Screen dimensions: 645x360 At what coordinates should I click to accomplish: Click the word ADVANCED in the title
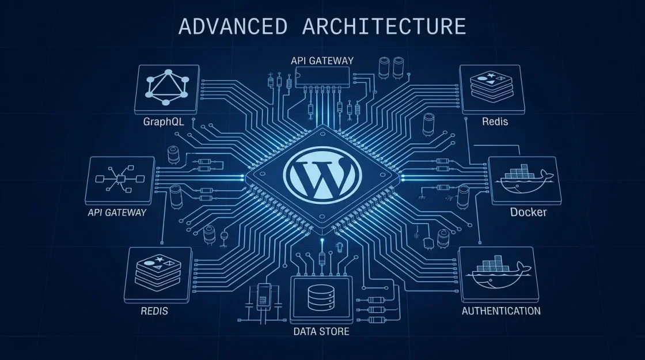[x=233, y=26]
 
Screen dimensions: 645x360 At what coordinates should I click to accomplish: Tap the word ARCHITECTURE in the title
[x=384, y=26]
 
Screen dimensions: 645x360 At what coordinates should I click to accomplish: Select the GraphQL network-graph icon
[x=167, y=88]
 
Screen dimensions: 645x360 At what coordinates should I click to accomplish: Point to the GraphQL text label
[x=164, y=122]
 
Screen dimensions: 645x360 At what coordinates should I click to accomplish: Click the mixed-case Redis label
[x=495, y=122]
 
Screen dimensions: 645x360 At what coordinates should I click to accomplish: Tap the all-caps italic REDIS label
[x=154, y=311]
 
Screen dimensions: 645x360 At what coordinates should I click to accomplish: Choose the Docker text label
[x=528, y=213]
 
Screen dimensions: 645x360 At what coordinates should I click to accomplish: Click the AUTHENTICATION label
[x=501, y=311]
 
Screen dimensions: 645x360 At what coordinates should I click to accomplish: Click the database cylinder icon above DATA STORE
[x=321, y=298]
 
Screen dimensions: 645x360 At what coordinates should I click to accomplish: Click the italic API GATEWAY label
[x=117, y=213]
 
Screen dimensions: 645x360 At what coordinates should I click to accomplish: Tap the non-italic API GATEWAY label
[x=322, y=61]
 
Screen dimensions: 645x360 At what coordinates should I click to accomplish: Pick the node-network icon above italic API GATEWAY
[x=120, y=179]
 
